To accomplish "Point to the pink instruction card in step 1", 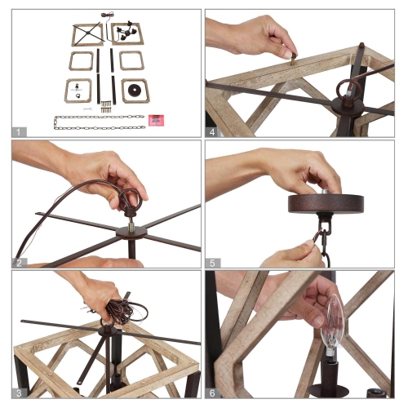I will click(x=155, y=119).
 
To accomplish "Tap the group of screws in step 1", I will click(x=106, y=104).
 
